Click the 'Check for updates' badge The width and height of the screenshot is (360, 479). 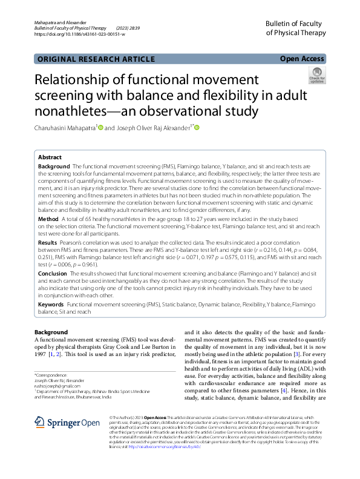317,76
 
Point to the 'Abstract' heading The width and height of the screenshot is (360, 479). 50,157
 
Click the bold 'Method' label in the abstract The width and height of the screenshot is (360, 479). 48,218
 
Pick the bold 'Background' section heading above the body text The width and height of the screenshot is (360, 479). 51,332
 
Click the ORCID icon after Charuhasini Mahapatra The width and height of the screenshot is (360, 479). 100,128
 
